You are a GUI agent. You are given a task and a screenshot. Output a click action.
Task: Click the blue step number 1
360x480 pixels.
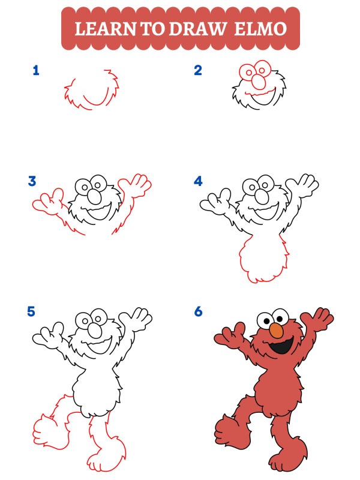tap(36, 71)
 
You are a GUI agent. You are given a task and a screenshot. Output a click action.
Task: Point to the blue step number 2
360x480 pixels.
tap(198, 71)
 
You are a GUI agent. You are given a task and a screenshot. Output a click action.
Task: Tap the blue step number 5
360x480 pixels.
tap(32, 311)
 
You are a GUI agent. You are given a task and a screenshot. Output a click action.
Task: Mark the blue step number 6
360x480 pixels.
tap(198, 311)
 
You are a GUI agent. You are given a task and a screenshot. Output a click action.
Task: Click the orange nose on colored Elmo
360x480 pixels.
tap(276, 331)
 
